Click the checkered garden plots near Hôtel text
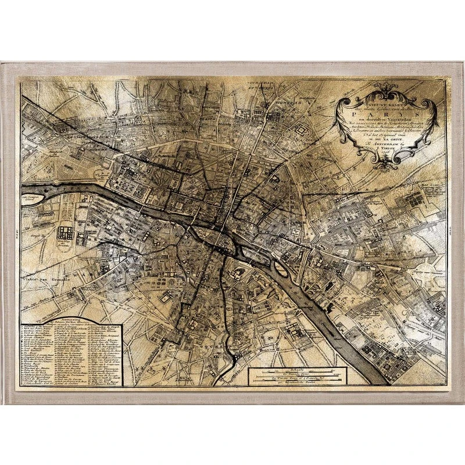pyautogui.click(x=414, y=201)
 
